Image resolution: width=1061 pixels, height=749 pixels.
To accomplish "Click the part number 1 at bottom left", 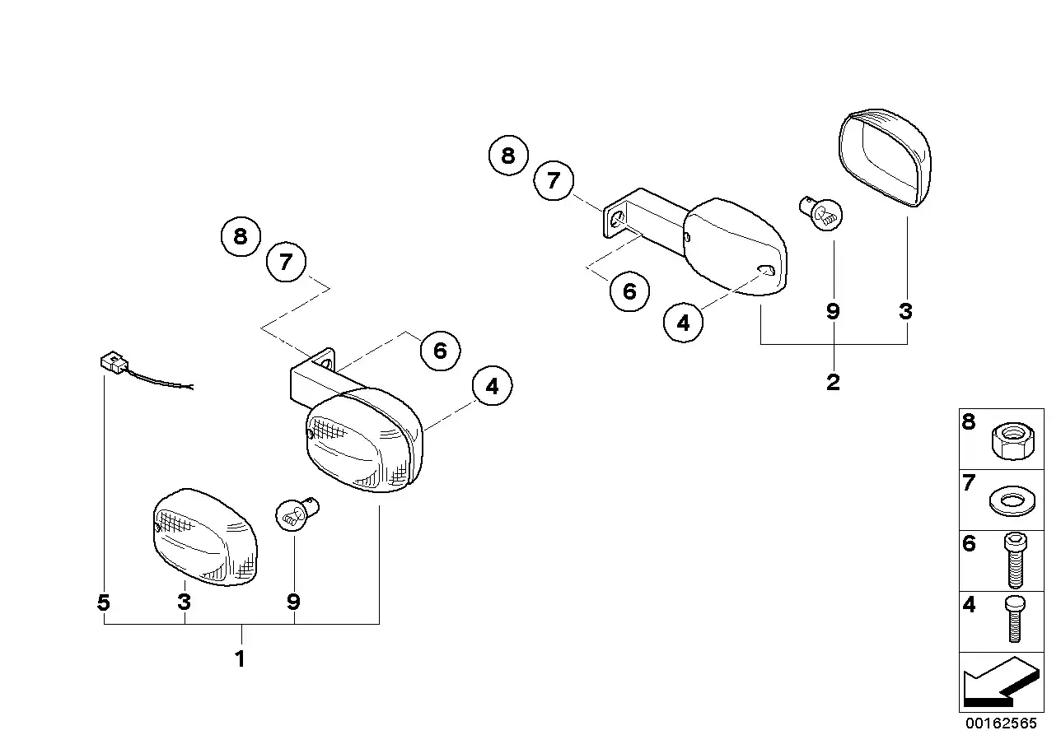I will pos(240,659).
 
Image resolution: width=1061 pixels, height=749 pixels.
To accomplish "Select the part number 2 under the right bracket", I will pos(833,382).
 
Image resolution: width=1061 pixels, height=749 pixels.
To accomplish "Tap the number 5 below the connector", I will pos(103,603).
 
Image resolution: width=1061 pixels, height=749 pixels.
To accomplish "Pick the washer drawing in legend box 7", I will pos(1007,500).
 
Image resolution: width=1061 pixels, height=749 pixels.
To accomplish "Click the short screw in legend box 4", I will pos(1013,619).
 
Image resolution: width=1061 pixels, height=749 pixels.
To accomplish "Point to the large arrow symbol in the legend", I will pos(998,683).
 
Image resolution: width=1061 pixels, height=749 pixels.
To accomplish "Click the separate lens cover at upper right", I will pos(885,158).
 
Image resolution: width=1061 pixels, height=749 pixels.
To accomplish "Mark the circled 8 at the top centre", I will pos(508,155).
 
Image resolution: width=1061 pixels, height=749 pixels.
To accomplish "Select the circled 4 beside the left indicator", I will pos(493,385).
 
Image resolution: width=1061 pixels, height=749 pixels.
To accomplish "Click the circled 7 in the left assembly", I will pos(286,263).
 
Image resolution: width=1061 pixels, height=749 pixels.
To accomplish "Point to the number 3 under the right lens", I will pos(906,311).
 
